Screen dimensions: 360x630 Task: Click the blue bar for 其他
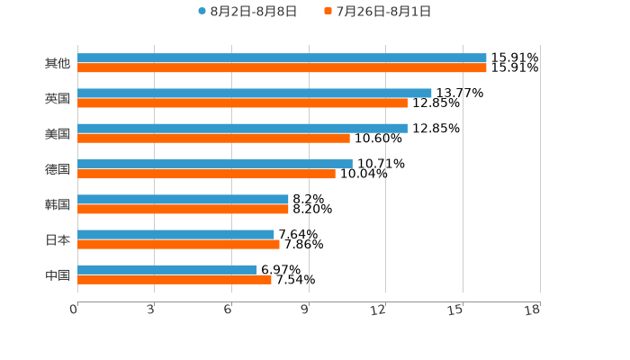click(x=282, y=58)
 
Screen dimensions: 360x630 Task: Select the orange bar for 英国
click(x=242, y=103)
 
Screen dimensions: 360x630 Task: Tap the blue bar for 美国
click(x=242, y=128)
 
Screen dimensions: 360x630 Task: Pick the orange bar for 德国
click(x=206, y=174)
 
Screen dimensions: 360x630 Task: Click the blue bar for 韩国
click(x=183, y=199)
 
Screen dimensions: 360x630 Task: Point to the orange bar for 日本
click(x=178, y=244)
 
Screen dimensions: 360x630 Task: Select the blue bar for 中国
click(x=167, y=269)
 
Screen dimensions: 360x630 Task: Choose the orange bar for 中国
click(x=175, y=279)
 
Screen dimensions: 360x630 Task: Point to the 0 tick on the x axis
click(x=75, y=310)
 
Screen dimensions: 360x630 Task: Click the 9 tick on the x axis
click(x=305, y=310)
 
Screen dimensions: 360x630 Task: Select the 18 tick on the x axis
click(x=533, y=310)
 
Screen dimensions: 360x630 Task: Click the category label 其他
click(x=57, y=63)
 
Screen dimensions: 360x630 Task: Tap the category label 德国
click(x=57, y=169)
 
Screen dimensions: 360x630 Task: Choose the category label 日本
click(x=57, y=239)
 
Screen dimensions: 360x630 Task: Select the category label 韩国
click(x=57, y=204)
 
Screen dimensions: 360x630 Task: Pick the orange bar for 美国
click(x=213, y=138)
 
